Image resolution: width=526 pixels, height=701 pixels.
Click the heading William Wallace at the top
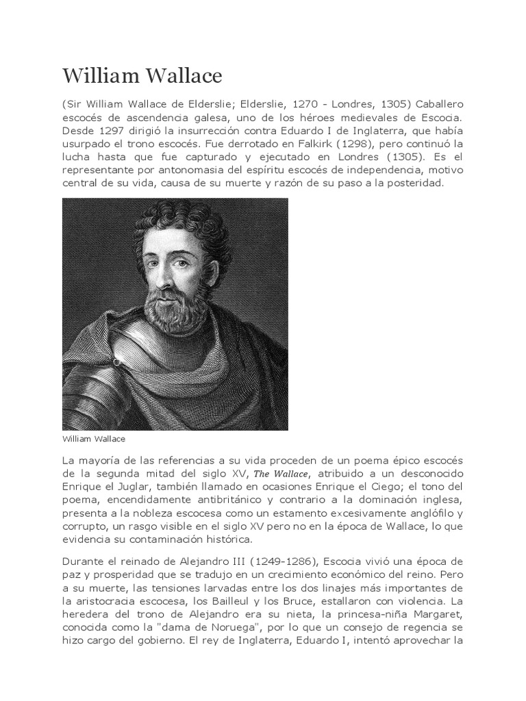click(x=142, y=75)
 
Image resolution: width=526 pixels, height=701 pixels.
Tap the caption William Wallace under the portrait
click(x=93, y=437)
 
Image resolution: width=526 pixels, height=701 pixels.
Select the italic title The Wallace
click(x=283, y=474)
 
